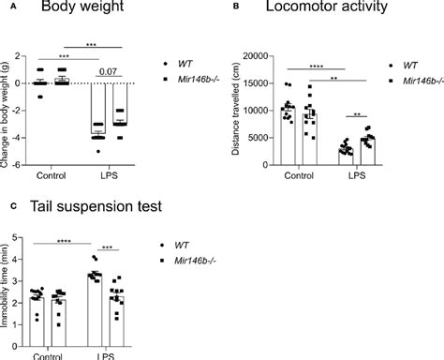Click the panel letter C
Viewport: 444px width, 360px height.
tap(8, 203)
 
